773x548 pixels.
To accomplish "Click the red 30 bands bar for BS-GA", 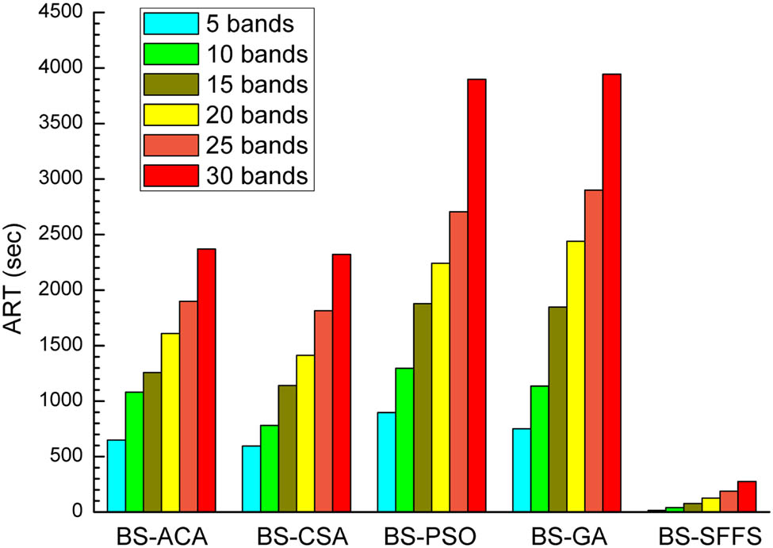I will pyautogui.click(x=611, y=293).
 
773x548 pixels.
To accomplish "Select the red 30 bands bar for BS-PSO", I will pyautogui.click(x=476, y=295).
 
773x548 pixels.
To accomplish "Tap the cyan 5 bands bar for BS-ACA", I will pyautogui.click(x=116, y=475).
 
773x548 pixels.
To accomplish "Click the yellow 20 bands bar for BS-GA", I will pyautogui.click(x=576, y=376).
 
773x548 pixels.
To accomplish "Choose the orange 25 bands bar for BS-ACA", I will pyautogui.click(x=188, y=406).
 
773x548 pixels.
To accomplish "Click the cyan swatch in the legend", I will pyautogui.click(x=170, y=24).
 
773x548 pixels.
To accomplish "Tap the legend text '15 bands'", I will pyautogui.click(x=256, y=84).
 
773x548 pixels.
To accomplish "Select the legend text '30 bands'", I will pyautogui.click(x=256, y=175).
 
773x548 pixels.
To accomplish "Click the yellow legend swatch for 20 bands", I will pyautogui.click(x=170, y=115).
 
